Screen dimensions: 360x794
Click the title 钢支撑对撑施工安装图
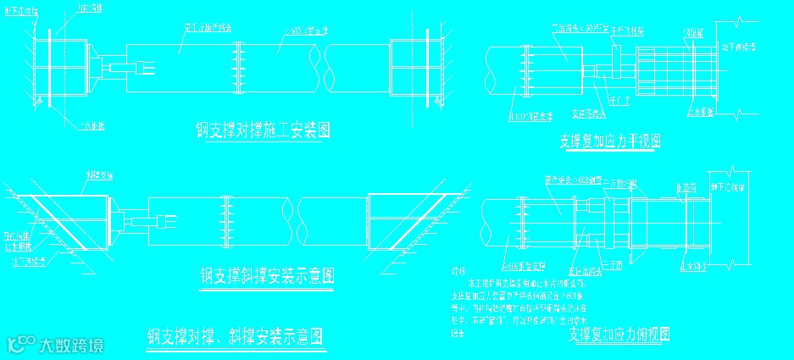click(262, 130)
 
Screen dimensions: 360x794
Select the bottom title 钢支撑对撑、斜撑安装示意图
click(234, 338)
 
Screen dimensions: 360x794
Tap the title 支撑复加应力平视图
click(610, 141)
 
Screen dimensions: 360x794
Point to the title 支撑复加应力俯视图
click(619, 335)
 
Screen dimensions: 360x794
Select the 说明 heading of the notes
click(460, 271)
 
